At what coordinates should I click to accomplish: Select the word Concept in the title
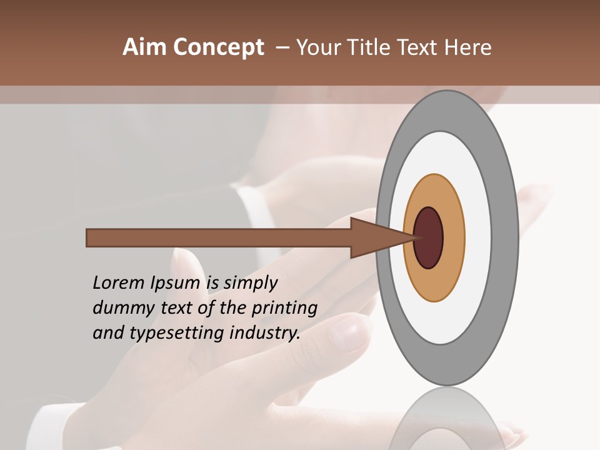(218, 47)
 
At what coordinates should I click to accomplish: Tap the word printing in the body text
(284, 309)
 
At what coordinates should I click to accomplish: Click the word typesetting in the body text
(177, 334)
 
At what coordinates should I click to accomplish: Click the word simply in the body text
(250, 284)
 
